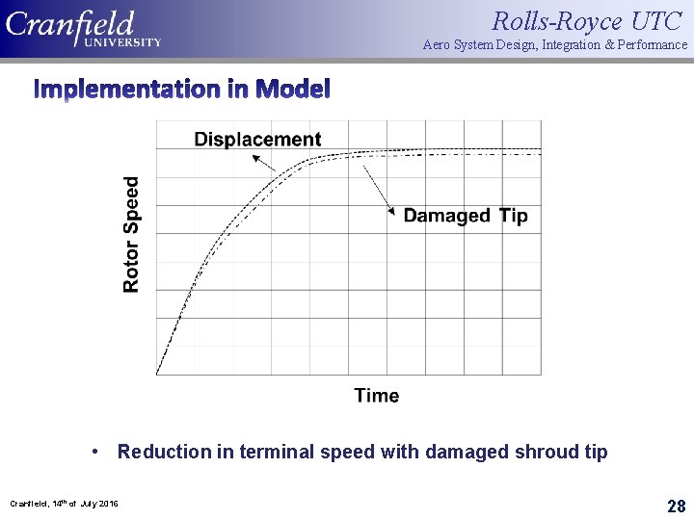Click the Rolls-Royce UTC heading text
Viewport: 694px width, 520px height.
point(587,20)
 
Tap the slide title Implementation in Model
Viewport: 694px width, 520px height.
point(182,90)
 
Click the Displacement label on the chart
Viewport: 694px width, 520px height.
point(257,140)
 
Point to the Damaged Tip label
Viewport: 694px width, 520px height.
point(465,216)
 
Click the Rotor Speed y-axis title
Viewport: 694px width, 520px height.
point(132,234)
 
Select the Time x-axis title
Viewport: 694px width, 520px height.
point(376,395)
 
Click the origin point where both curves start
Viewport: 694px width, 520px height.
point(157,374)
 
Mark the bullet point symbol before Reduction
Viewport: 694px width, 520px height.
point(97,452)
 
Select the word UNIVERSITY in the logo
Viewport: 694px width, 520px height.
point(121,42)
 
